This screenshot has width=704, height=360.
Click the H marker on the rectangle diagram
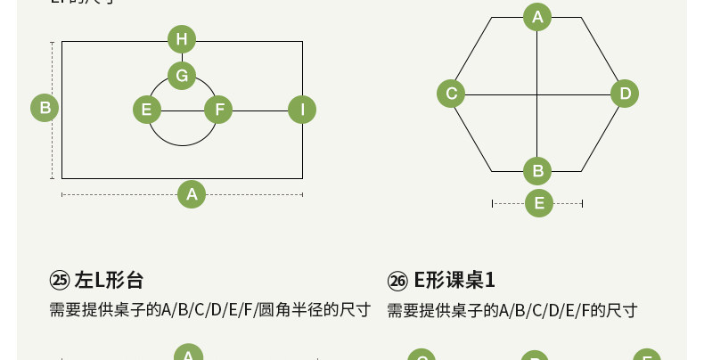182,39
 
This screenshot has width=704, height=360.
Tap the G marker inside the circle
182,76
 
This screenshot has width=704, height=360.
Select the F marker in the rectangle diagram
218,110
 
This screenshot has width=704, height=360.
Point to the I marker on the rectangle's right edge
302,110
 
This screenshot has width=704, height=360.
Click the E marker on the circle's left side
146,110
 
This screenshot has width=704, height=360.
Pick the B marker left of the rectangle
44,109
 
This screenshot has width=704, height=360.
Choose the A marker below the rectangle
191,193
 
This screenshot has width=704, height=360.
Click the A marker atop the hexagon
536,16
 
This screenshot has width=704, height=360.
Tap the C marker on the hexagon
451,93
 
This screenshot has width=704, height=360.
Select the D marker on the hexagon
625,93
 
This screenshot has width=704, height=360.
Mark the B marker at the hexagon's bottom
536,169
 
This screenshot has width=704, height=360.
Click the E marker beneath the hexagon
537,203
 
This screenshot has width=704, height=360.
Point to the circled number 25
60,280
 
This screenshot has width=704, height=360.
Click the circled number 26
397,281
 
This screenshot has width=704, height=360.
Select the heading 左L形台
109,280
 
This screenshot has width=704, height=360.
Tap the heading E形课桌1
454,280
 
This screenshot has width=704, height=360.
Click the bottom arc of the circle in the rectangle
182,144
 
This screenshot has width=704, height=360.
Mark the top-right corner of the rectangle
302,41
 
